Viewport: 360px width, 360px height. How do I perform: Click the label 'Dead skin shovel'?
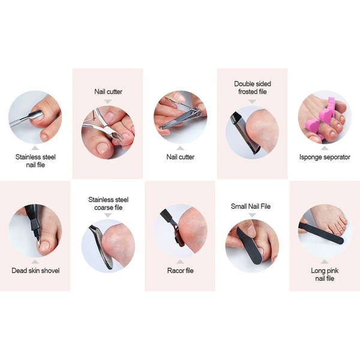point(35,271)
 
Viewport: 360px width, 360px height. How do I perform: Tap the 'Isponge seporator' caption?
point(325,157)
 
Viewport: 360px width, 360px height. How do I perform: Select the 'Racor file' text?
point(180,271)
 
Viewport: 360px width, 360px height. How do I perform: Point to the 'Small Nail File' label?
point(251,206)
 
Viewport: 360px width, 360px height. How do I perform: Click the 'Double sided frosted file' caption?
point(253,88)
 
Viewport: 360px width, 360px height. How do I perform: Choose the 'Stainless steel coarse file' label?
point(109,203)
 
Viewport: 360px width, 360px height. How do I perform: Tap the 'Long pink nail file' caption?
point(325,274)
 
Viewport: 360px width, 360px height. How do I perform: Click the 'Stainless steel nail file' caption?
point(35,161)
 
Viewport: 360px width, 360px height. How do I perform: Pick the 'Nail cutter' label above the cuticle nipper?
point(109,91)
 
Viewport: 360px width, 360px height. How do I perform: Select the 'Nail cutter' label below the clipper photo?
point(181,157)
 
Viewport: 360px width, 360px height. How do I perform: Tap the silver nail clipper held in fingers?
point(181,116)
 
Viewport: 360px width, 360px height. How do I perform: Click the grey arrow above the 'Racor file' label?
point(180,262)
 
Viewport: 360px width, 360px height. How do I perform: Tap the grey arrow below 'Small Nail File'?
point(253,215)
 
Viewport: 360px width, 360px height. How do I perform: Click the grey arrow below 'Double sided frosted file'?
point(253,101)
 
